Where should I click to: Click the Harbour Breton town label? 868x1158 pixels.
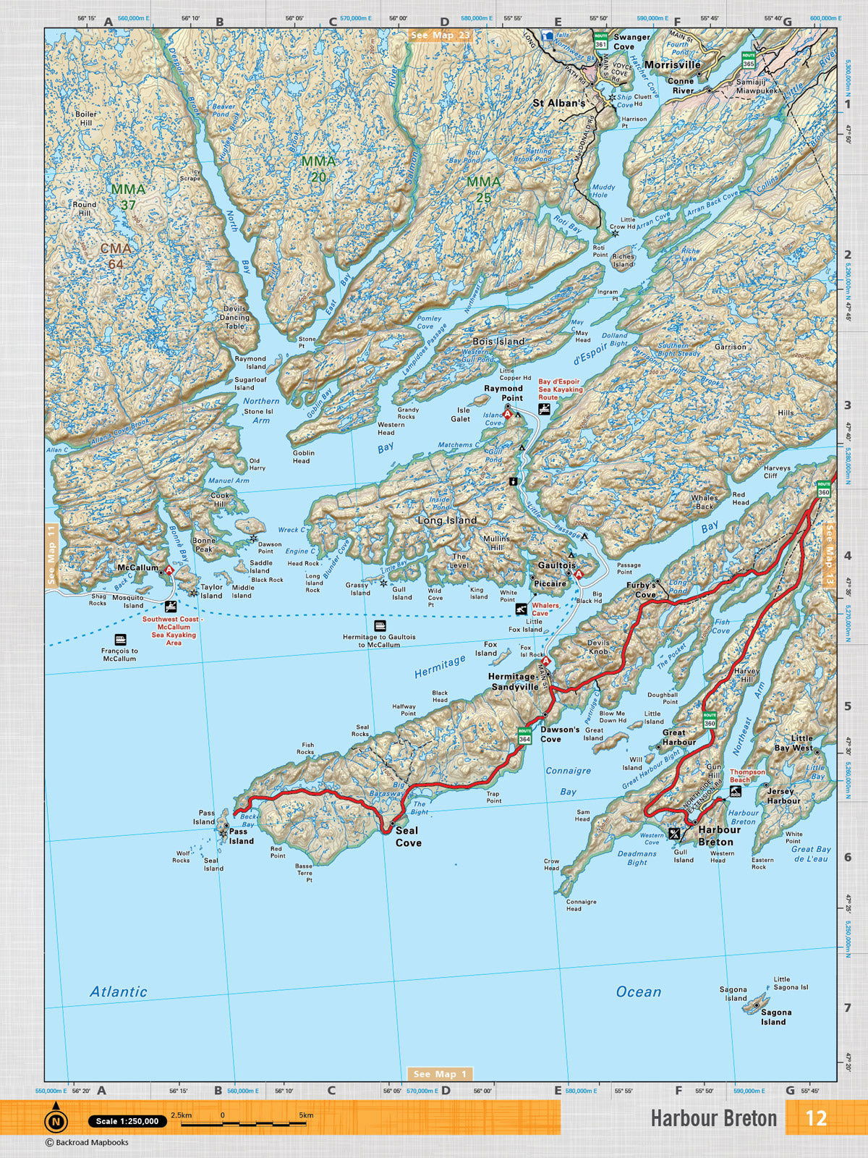[x=715, y=836]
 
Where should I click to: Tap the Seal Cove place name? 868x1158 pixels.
[x=408, y=837]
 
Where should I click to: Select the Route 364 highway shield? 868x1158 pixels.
[x=524, y=735]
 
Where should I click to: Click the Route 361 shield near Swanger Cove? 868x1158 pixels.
[x=600, y=41]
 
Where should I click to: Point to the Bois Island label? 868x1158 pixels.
[x=498, y=341]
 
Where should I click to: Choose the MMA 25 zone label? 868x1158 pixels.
[x=483, y=189]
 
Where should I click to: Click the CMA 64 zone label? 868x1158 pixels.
[x=116, y=256]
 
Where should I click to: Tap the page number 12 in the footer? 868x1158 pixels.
[x=816, y=1118]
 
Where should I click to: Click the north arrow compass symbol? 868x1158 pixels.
[x=56, y=1120]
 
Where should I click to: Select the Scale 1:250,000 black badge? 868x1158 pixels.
[x=127, y=1121]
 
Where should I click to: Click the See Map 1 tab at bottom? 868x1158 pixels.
[x=441, y=1074]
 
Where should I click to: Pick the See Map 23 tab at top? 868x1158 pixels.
[x=440, y=35]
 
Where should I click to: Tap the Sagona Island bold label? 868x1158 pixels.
[x=775, y=1017]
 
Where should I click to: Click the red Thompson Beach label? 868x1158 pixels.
[x=747, y=776]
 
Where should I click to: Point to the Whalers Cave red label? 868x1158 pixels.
[x=545, y=609]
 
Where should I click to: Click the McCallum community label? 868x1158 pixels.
[x=137, y=567]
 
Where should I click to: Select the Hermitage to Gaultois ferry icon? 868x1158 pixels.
[x=380, y=625]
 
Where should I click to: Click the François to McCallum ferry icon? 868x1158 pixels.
[x=120, y=640]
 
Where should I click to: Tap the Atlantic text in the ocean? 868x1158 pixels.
[x=119, y=992]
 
